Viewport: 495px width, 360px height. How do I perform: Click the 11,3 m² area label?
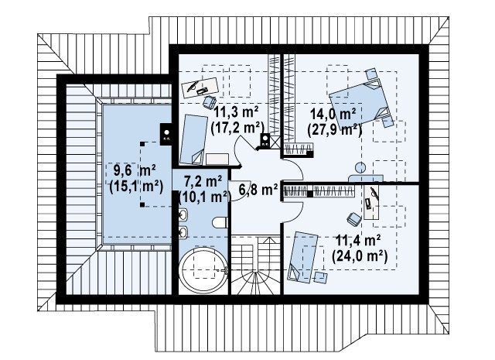[237, 112]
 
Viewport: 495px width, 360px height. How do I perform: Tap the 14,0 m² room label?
[333, 114]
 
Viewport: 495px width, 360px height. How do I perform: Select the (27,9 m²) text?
[334, 129]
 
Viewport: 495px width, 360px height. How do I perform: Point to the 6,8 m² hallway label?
[258, 190]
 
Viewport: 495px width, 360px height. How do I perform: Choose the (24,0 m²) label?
[360, 256]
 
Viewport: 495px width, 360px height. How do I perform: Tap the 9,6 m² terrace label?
[134, 171]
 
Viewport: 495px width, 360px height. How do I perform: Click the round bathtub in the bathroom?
[203, 271]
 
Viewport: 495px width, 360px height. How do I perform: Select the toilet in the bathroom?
[220, 222]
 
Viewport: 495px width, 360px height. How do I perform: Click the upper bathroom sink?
[183, 215]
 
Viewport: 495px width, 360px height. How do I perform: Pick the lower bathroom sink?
[183, 233]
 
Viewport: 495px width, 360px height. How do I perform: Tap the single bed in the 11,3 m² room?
[193, 139]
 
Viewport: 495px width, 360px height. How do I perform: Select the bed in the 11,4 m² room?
[302, 257]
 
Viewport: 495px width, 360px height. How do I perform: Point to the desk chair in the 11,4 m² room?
[354, 219]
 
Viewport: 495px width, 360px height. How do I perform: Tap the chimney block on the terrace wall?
[166, 134]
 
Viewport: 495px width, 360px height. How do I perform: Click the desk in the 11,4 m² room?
[371, 202]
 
